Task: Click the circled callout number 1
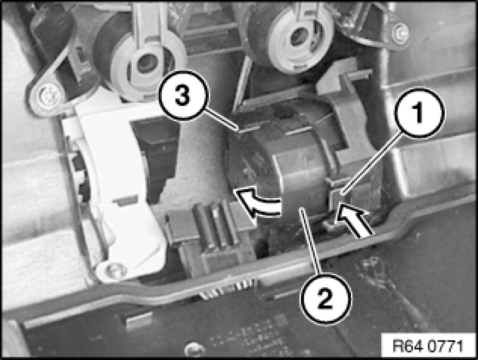pyautogui.click(x=419, y=112)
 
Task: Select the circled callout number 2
pyautogui.click(x=326, y=298)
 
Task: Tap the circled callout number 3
pyautogui.click(x=184, y=96)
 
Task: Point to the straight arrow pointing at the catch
pyautogui.click(x=353, y=220)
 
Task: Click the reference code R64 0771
pyautogui.click(x=427, y=346)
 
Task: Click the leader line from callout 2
pyautogui.click(x=309, y=241)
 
